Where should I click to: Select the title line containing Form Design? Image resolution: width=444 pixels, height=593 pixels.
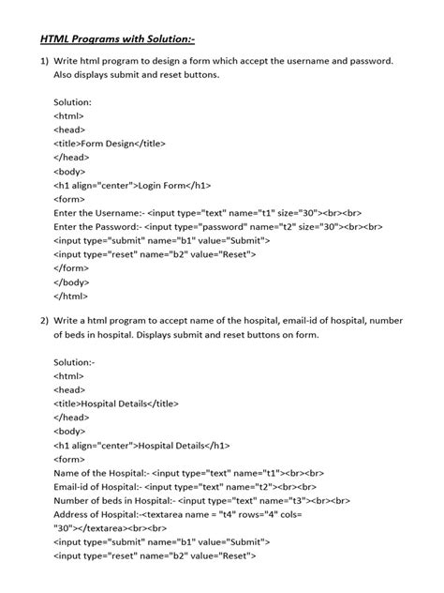(x=110, y=144)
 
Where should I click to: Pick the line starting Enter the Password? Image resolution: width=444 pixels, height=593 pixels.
(x=217, y=226)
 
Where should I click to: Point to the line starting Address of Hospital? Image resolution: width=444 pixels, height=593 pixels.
(x=178, y=515)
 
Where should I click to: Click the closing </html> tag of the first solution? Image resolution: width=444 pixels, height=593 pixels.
(x=70, y=296)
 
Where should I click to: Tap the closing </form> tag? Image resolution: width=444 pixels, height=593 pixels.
(x=71, y=267)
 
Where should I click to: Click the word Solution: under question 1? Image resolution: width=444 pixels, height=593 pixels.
(x=73, y=101)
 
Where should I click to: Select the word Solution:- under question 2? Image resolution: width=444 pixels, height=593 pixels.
(x=75, y=361)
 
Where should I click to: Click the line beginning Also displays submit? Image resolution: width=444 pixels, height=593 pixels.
(x=137, y=75)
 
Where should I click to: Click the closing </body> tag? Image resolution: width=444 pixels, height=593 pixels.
(x=72, y=281)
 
